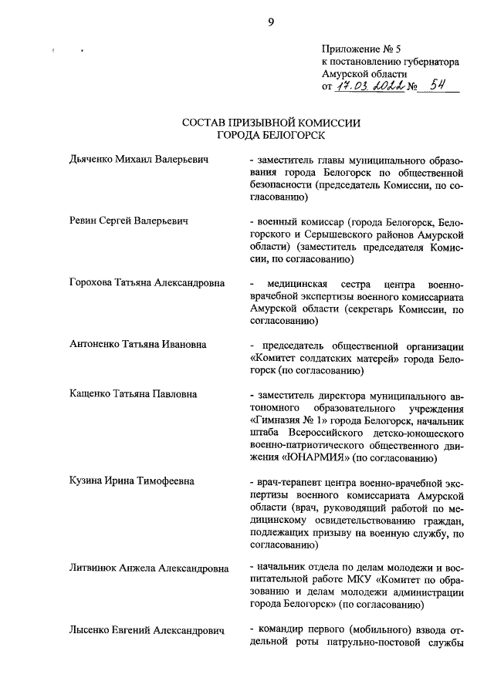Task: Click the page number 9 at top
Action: (x=270, y=22)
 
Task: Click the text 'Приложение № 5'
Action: (x=357, y=49)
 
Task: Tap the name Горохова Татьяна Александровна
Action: (x=147, y=283)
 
